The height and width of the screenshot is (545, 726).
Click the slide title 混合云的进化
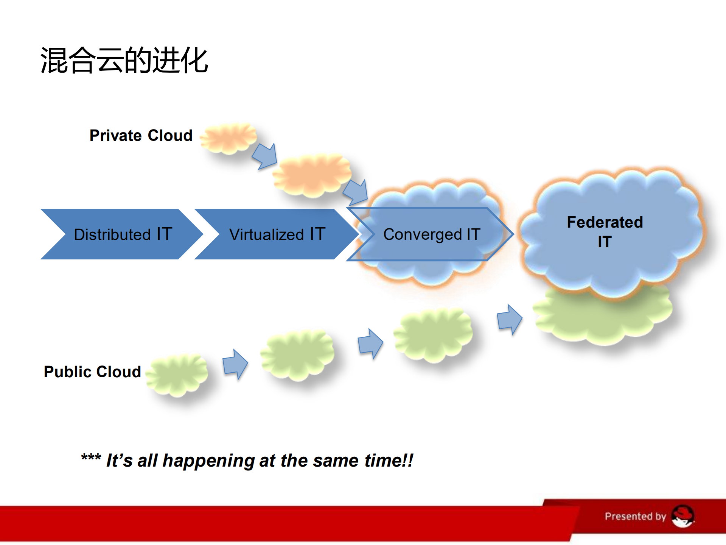[x=124, y=60]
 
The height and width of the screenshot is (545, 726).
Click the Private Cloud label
[x=141, y=136]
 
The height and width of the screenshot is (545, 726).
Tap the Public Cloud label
[x=92, y=372]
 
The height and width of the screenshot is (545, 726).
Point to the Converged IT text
[x=432, y=234]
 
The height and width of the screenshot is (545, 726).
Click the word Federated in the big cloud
[x=605, y=222]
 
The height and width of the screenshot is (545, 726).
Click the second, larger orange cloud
[x=312, y=175]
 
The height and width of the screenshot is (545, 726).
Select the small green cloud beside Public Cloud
[x=177, y=375]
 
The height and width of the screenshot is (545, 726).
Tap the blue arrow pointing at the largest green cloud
[x=509, y=319]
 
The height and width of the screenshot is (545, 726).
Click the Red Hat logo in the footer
[x=683, y=516]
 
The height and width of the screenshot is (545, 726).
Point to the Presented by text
[x=635, y=516]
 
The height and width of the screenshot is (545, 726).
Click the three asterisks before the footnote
[x=91, y=458]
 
